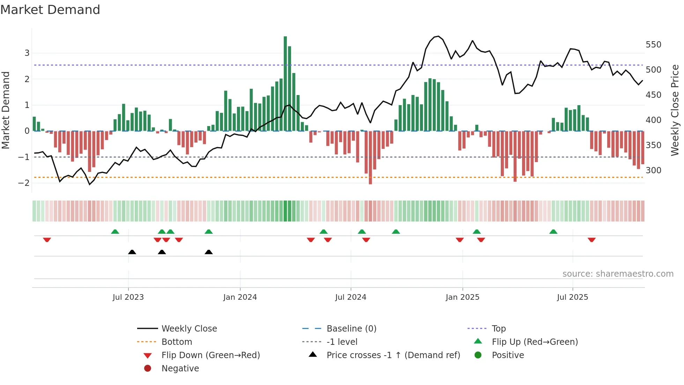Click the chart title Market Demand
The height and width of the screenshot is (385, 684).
click(x=50, y=10)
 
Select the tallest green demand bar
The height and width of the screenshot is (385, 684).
click(x=285, y=84)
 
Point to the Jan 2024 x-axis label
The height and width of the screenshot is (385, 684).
click(x=240, y=297)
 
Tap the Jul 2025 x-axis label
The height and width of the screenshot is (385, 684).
click(x=572, y=297)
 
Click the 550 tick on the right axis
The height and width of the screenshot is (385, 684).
click(x=653, y=45)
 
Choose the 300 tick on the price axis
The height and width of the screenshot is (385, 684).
click(x=653, y=170)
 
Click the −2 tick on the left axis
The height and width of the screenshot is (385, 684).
click(x=24, y=183)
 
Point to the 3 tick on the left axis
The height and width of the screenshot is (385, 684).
click(x=27, y=53)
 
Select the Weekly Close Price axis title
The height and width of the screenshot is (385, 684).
click(x=675, y=110)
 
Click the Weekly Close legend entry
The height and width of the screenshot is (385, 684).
click(x=189, y=329)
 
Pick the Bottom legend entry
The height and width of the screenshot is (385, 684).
click(x=177, y=342)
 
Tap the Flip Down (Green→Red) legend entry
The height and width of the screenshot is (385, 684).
click(x=210, y=355)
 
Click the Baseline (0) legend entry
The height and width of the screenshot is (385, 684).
click(x=351, y=329)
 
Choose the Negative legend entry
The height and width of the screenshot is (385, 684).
click(x=180, y=369)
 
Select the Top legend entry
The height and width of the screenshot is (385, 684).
click(x=498, y=329)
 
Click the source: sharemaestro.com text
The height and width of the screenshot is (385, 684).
click(x=618, y=274)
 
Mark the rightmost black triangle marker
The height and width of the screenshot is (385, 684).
click(x=209, y=252)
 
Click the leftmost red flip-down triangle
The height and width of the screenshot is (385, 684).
click(x=47, y=240)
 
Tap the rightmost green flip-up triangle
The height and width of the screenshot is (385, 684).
click(x=553, y=232)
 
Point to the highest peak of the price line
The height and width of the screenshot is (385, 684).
click(x=438, y=36)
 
